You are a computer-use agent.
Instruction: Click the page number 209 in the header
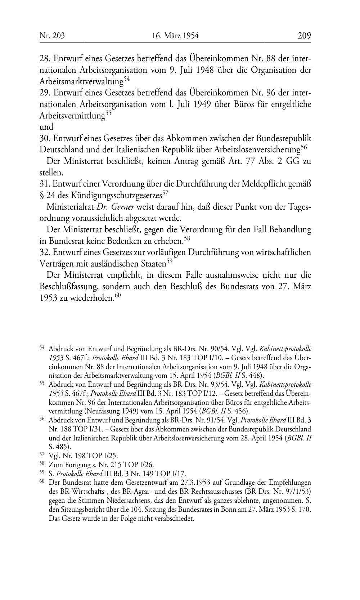(304, 36)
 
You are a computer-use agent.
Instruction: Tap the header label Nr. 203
(49, 36)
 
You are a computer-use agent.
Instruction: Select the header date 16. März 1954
(175, 36)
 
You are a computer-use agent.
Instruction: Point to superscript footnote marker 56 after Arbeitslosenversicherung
(304, 147)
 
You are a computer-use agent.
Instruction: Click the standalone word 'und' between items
(46, 127)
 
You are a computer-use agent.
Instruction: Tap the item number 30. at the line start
(45, 139)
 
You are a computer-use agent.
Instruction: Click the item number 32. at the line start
(45, 252)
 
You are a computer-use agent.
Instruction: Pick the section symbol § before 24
(42, 196)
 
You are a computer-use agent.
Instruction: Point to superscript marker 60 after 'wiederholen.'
(117, 296)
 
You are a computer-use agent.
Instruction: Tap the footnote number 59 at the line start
(42, 473)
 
